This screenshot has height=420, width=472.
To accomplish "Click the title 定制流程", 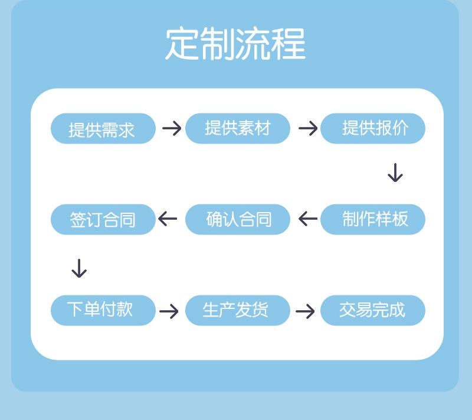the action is pyautogui.click(x=235, y=44).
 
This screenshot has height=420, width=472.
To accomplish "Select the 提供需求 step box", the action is pyautogui.click(x=103, y=129).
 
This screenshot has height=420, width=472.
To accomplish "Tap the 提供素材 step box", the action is pyautogui.click(x=238, y=129).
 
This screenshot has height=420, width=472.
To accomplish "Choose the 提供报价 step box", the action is pyautogui.click(x=373, y=129).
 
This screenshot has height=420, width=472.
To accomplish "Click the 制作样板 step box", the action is pyautogui.click(x=373, y=219).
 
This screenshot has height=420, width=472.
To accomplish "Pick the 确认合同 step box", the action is pyautogui.click(x=238, y=219).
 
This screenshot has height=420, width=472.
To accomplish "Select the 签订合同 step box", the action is pyautogui.click(x=103, y=219).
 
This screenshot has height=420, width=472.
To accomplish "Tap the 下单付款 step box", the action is pyautogui.click(x=103, y=310).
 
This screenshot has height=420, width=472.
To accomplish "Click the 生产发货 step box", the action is pyautogui.click(x=238, y=310).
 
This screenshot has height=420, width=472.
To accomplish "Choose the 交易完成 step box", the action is pyautogui.click(x=373, y=310).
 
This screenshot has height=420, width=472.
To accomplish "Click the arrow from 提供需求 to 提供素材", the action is pyautogui.click(x=172, y=128).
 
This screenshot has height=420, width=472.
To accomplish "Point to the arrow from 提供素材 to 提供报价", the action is pyautogui.click(x=308, y=128).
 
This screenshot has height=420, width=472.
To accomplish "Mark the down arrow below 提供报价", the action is pyautogui.click(x=395, y=172).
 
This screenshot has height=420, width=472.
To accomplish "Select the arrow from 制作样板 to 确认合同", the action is pyautogui.click(x=308, y=219).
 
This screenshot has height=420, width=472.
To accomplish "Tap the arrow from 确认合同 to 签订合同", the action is pyautogui.click(x=168, y=219).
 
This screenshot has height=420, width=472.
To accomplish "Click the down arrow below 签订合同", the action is pyautogui.click(x=79, y=268).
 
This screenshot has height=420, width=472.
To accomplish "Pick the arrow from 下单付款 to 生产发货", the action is pyautogui.click(x=169, y=311).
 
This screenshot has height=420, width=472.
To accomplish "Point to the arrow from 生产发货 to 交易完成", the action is pyautogui.click(x=305, y=311).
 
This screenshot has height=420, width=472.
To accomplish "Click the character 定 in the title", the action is pyautogui.click(x=182, y=44).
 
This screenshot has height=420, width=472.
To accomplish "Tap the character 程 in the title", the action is pyautogui.click(x=289, y=44).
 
